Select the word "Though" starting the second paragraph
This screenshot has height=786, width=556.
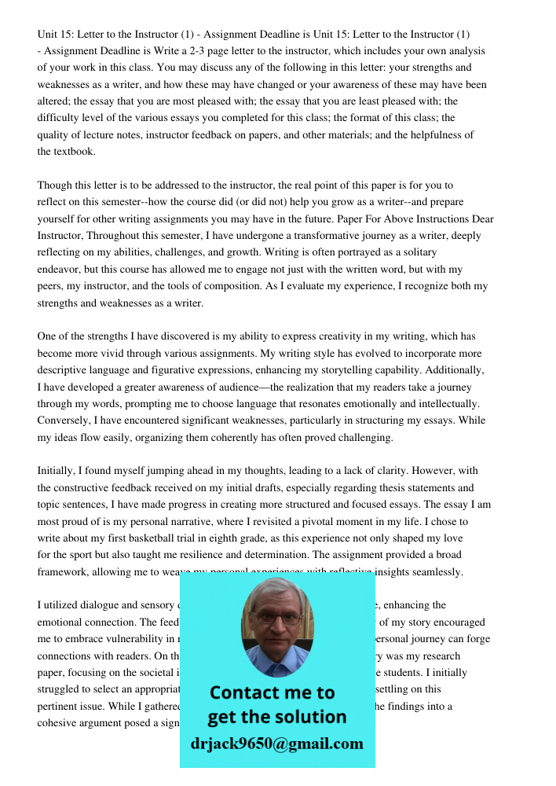point(54,185)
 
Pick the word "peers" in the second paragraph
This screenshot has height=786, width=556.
point(52,286)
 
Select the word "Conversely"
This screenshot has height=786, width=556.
point(65,421)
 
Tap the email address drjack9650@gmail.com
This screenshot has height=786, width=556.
point(276,744)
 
